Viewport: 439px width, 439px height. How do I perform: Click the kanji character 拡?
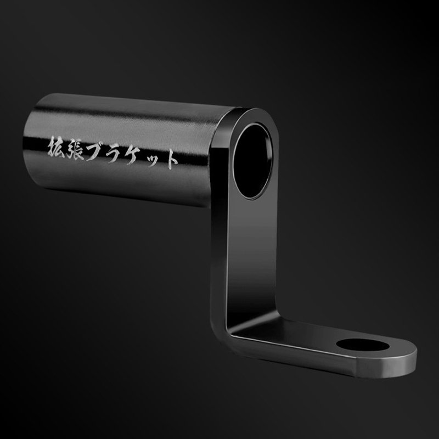pyautogui.click(x=57, y=147)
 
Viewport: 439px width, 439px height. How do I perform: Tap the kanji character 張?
pyautogui.click(x=75, y=150)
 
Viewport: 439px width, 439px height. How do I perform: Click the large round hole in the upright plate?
pyautogui.click(x=252, y=161)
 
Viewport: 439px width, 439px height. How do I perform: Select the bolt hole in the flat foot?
pyautogui.click(x=363, y=345)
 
